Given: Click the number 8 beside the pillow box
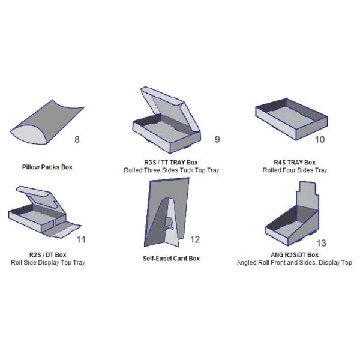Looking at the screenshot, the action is tap(77, 139).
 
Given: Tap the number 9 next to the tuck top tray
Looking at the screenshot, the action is tap(217, 139).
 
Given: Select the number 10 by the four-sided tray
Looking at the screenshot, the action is tap(320, 139).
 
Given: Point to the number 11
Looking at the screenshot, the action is tap(81, 239).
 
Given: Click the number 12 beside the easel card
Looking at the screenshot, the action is tap(195, 239).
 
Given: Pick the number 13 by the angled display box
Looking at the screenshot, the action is tap(321, 243).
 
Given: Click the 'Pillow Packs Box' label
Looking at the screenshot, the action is tap(47, 167).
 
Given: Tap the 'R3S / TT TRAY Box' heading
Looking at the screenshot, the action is tap(171, 163).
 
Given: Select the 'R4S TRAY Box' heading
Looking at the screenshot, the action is tap(295, 163).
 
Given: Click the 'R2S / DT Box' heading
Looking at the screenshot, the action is tap(48, 254).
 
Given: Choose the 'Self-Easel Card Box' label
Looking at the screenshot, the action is tap(171, 258).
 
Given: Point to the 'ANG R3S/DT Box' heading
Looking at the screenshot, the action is tap(295, 254).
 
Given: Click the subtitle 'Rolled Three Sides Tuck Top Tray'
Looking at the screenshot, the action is tap(171, 170).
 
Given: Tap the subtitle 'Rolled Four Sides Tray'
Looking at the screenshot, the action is tap(295, 170).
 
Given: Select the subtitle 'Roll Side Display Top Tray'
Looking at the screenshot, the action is tap(48, 262).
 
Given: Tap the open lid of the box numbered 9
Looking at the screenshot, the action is tap(170, 108).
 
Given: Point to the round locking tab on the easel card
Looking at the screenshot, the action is tap(169, 223).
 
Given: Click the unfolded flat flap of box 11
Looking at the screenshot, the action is tap(62, 230).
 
